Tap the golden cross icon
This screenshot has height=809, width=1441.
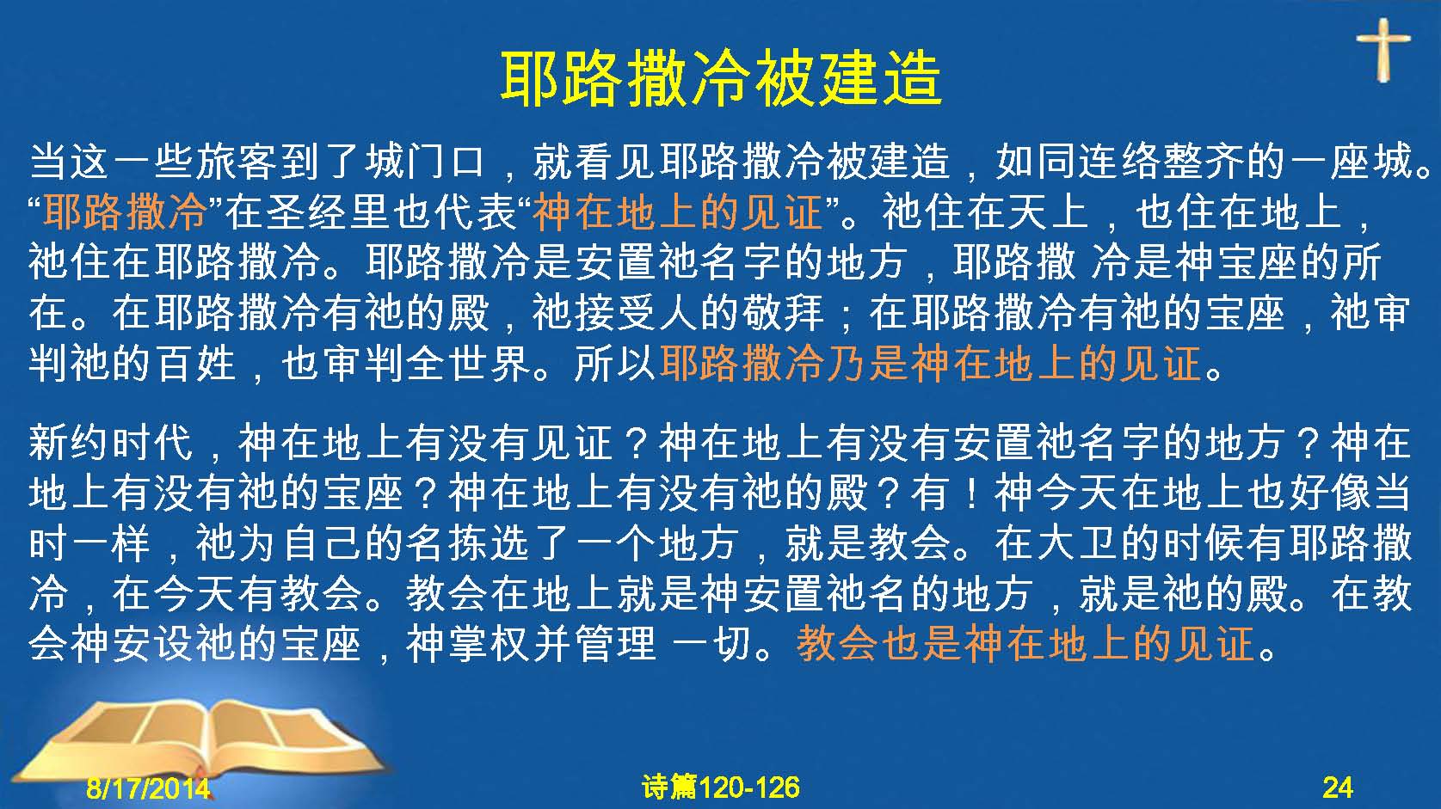(x=1382, y=50)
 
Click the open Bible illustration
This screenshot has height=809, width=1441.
(x=200, y=739)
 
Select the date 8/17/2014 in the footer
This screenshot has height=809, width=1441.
(x=148, y=788)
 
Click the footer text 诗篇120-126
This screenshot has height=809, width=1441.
(x=721, y=788)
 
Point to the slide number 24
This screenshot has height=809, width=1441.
(x=1338, y=788)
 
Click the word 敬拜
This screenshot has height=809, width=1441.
(x=783, y=314)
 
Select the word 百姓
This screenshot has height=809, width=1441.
(x=196, y=364)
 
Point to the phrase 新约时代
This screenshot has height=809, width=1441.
(x=111, y=443)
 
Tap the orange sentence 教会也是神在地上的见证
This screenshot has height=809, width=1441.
(x=1025, y=645)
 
